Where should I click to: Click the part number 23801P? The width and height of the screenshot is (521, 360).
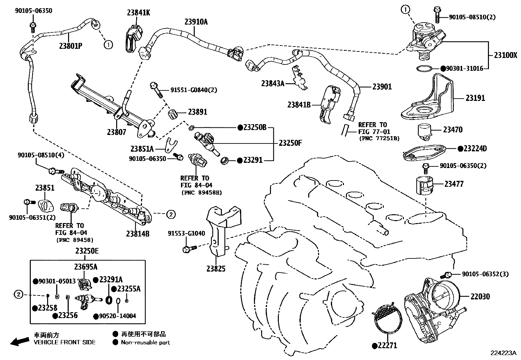(x=70, y=46)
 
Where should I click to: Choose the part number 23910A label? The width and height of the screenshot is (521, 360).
(x=196, y=22)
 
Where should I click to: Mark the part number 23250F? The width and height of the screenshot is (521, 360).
(x=290, y=143)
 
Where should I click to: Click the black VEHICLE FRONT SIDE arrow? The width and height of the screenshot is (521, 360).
(x=19, y=342)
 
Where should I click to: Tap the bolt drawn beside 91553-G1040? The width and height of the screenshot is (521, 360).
(x=189, y=249)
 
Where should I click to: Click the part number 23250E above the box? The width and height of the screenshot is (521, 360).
(x=87, y=252)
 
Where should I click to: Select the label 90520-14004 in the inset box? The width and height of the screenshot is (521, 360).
(x=117, y=316)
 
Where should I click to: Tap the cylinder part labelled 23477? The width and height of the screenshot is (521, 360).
(x=424, y=186)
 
